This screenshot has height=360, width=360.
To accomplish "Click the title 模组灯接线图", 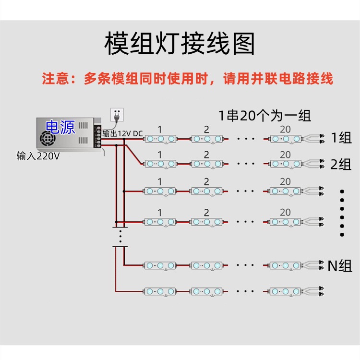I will [180, 44].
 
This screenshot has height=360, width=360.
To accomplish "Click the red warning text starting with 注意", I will [187, 79].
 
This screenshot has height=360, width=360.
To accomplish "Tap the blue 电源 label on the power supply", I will [60, 127].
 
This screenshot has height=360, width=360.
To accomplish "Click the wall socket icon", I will [117, 115].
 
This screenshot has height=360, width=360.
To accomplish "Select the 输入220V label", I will [38, 156].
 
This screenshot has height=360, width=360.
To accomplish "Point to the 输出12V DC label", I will [122, 133].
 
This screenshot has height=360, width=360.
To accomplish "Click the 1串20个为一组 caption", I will [264, 115].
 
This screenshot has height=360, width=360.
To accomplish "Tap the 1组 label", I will [341, 138].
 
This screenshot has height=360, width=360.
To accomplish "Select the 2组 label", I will [341, 165].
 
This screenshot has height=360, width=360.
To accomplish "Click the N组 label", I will [340, 265].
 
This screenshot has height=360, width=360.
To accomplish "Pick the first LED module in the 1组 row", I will [160, 139].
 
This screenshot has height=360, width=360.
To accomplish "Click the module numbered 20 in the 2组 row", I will [285, 164].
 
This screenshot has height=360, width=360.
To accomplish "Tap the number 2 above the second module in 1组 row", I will [206, 129].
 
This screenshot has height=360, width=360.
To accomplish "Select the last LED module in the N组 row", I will [285, 265].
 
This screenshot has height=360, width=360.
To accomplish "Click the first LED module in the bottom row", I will [160, 291].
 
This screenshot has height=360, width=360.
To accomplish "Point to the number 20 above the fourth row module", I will [285, 212].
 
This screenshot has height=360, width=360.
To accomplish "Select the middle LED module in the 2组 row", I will [207, 164].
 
